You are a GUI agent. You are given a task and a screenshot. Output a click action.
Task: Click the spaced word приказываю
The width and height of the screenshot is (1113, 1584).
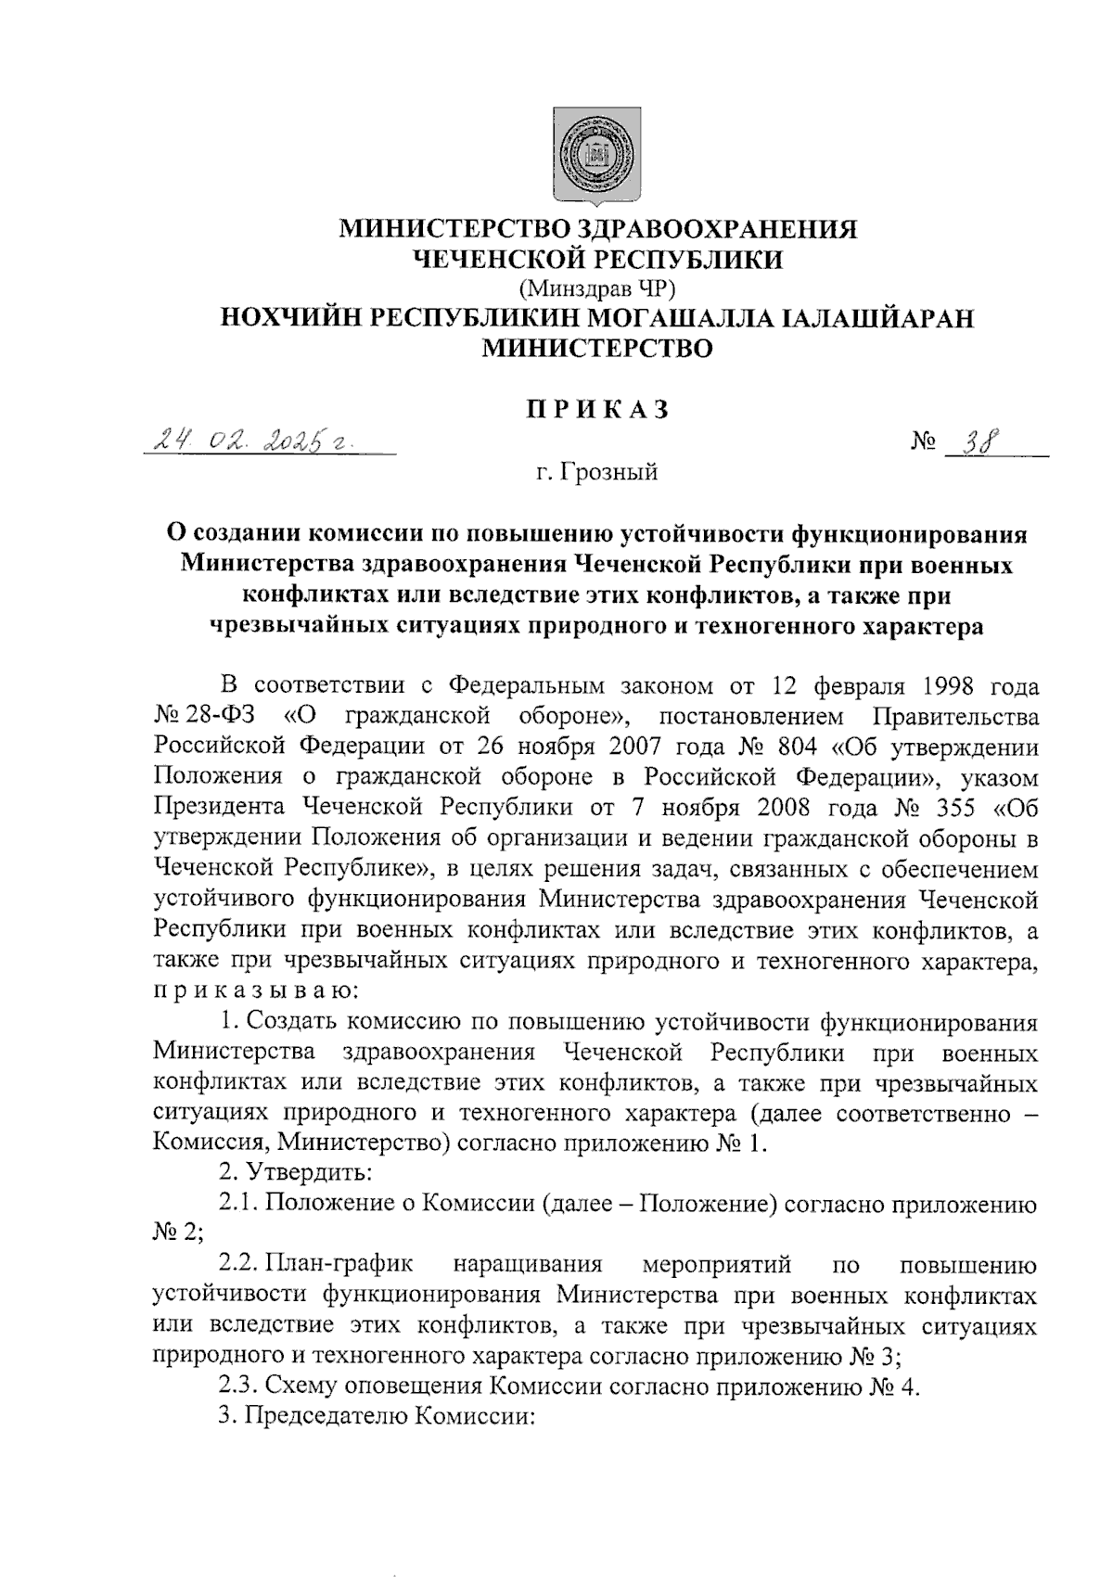coord(251,991)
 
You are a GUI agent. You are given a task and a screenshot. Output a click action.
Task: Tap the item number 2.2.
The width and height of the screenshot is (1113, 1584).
coord(237,1264)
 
